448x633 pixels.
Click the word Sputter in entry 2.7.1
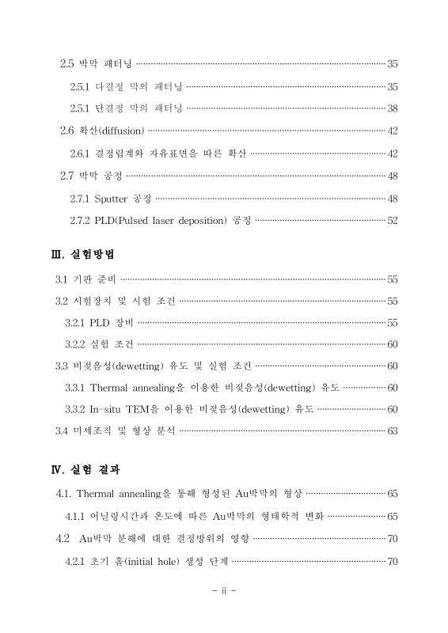coord(112,198)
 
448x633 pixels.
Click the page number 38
coord(392,108)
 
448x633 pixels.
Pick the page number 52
coord(392,220)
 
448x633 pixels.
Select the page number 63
coord(392,431)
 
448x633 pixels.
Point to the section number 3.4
coord(61,431)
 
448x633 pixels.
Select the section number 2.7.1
coord(81,198)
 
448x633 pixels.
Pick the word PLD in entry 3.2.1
coord(101,323)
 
